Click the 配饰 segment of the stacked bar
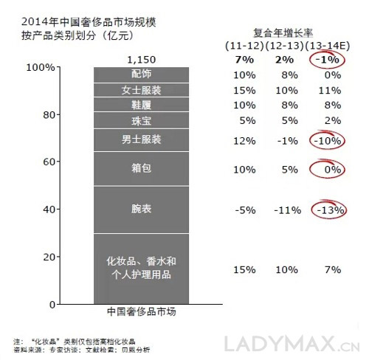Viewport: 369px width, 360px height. [x=141, y=75]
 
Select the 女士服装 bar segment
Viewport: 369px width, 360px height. [x=141, y=90]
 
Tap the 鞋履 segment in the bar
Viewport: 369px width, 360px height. [x=141, y=105]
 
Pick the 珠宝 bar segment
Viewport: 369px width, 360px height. [x=141, y=120]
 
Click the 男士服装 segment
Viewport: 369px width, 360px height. [x=141, y=140]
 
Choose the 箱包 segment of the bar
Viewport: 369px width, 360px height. [x=141, y=169]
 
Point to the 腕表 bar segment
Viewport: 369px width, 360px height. [x=141, y=210]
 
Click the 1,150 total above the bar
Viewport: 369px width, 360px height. [x=142, y=60]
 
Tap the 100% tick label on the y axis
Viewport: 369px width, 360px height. [x=41, y=67]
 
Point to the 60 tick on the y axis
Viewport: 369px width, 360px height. [x=48, y=162]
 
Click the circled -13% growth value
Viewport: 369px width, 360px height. [x=330, y=210]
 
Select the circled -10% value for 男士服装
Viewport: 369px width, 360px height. [x=328, y=141]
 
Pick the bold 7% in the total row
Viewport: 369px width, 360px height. [x=244, y=60]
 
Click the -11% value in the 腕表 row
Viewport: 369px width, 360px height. [x=288, y=210]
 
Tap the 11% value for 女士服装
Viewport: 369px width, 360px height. [x=330, y=91]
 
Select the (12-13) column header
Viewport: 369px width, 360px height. [x=285, y=46]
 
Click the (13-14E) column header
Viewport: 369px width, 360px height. [x=328, y=46]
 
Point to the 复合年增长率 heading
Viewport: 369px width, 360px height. [x=283, y=33]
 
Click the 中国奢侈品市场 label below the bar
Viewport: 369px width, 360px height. [x=142, y=311]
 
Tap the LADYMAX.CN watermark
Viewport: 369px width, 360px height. [x=292, y=344]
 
